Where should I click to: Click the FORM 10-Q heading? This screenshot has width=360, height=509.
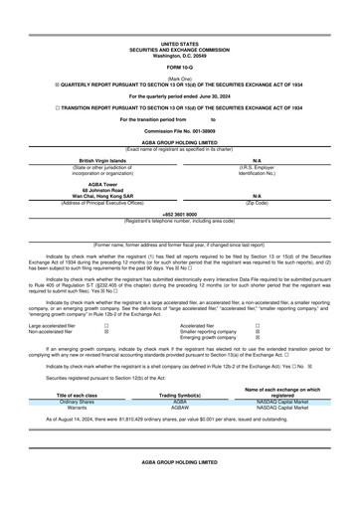pyautogui.click(x=179, y=67)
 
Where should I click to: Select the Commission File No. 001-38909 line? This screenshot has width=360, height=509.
pyautogui.click(x=179, y=130)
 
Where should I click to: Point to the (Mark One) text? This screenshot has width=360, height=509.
pyautogui.click(x=179, y=77)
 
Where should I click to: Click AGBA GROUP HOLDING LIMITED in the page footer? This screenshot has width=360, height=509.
pyautogui.click(x=179, y=490)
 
